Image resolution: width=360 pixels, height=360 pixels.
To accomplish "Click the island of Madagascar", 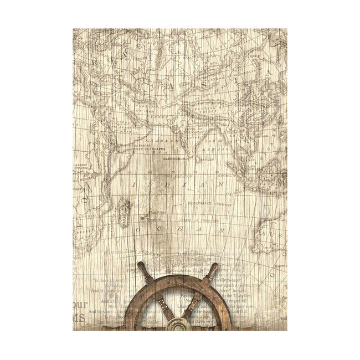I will coord(123,212).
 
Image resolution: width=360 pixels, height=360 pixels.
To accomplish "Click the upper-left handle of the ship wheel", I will coord(143,269).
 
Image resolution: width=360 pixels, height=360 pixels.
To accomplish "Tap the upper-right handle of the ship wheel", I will coord(212,270).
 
